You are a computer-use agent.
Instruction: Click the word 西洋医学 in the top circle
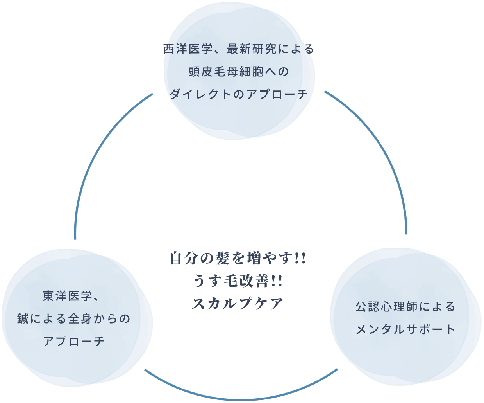pyautogui.click(x=188, y=49)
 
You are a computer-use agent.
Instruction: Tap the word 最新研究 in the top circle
pyautogui.click(x=252, y=49)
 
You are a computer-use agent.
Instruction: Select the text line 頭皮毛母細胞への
pyautogui.click(x=239, y=72)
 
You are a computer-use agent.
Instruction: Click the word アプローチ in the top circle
pyautogui.click(x=277, y=94)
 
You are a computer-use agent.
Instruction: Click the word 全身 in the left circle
pyautogui.click(x=80, y=319)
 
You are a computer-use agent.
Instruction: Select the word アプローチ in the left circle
pyautogui.click(x=74, y=341)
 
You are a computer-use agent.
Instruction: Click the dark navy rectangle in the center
pyautogui.click(x=234, y=280)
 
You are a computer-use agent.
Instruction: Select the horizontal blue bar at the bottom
pyautogui.click(x=250, y=394)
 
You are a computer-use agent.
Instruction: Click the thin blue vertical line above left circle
pyautogui.click(x=75, y=226)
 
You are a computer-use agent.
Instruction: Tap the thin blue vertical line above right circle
pyautogui.click(x=405, y=223)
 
